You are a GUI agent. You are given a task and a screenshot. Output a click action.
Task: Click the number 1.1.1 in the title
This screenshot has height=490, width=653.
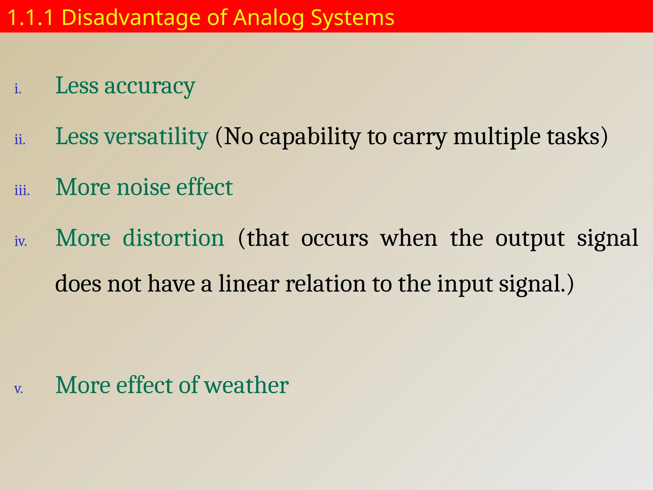[x=30, y=18]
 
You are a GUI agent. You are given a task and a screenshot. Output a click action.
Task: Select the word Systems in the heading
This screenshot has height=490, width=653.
[x=352, y=18]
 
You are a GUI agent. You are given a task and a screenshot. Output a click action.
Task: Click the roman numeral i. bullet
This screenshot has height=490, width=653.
[x=18, y=89]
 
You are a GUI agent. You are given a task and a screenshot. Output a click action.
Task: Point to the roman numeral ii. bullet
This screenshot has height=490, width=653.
[x=20, y=140]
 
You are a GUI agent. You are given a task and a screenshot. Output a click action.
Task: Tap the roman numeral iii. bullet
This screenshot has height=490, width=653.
[x=22, y=190]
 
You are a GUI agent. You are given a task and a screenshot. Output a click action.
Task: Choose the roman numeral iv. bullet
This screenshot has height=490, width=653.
[x=21, y=241]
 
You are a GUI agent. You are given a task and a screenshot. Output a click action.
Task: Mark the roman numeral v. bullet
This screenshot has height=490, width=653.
[x=18, y=389]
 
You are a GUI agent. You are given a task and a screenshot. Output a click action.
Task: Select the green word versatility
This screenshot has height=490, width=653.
[x=156, y=137]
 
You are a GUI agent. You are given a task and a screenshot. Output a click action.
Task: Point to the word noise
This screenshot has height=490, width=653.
[x=143, y=187]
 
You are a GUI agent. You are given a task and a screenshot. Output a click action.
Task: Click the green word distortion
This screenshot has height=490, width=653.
[x=173, y=238]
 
